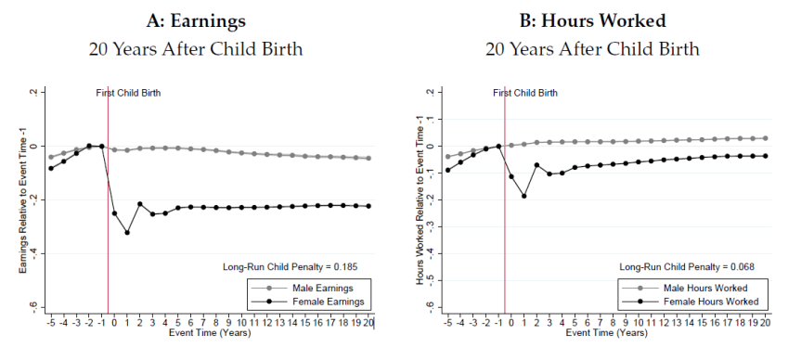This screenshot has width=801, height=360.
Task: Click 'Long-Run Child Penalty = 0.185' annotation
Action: click(291, 267)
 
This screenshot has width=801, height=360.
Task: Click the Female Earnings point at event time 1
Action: click(127, 232)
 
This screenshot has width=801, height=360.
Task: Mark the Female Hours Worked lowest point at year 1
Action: click(523, 196)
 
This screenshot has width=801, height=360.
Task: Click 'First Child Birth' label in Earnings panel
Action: click(129, 93)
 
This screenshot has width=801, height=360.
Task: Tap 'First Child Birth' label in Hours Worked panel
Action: click(525, 93)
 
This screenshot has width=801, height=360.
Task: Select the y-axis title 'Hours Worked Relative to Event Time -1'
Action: click(420, 199)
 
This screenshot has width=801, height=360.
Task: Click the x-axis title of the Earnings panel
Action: click(210, 331)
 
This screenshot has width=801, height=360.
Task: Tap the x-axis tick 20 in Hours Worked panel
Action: click(765, 321)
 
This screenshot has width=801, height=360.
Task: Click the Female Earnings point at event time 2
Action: click(140, 204)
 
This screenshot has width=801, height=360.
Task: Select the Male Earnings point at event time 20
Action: click(368, 158)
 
